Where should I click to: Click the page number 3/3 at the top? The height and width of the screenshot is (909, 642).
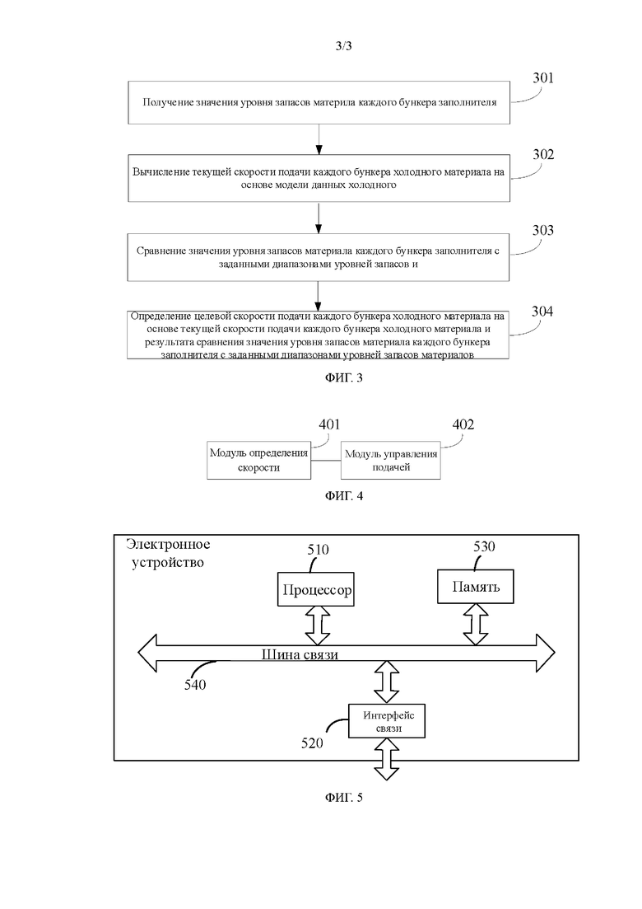[343, 46]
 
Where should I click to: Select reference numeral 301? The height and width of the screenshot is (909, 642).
[543, 77]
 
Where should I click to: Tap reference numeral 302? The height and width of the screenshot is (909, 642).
[543, 154]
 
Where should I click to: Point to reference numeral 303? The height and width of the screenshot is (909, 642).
[543, 230]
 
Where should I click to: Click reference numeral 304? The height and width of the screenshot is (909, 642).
[542, 312]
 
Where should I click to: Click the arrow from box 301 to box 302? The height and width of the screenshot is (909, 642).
[319, 139]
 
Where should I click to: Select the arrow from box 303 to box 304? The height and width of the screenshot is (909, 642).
[318, 296]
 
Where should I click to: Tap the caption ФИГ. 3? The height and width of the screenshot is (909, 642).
[344, 378]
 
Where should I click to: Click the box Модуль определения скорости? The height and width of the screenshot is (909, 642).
[258, 461]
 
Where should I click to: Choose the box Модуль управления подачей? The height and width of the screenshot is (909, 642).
[391, 461]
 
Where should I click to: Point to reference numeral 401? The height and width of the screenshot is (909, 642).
[329, 424]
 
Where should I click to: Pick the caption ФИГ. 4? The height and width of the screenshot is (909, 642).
[344, 496]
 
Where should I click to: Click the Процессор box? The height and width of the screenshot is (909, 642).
[316, 589]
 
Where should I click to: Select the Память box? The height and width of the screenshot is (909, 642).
[475, 587]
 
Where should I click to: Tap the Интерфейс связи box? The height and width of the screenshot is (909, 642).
[387, 721]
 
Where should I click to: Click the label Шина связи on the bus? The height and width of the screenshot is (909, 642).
[300, 654]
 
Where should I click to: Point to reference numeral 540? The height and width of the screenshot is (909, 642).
[195, 685]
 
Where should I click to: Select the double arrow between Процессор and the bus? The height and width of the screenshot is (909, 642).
[317, 626]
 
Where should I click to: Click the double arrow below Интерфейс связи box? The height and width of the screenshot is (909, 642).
[387, 759]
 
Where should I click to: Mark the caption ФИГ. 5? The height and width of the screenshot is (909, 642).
[344, 798]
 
